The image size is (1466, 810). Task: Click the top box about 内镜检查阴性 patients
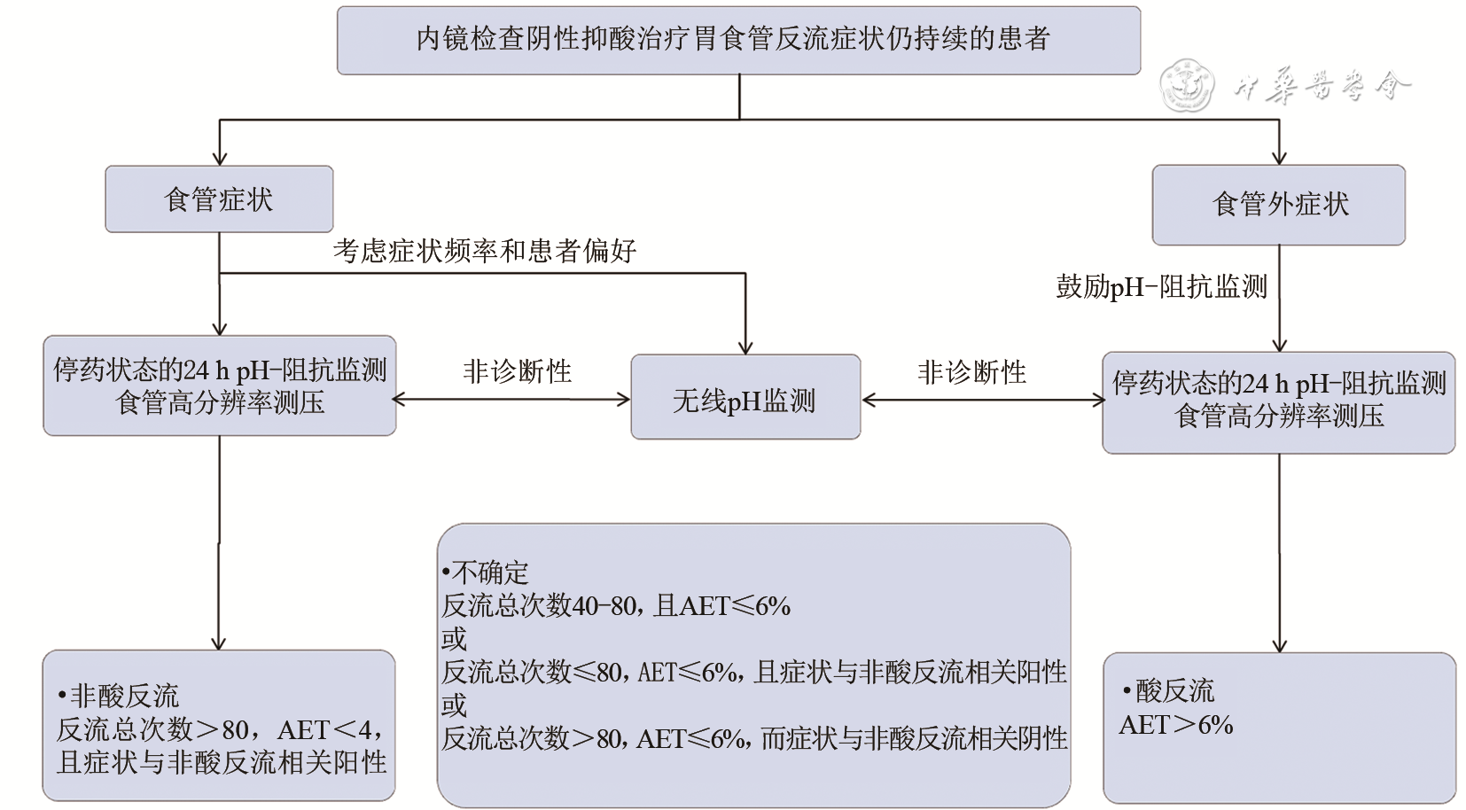click(737, 40)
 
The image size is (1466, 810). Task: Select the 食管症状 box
click(219, 199)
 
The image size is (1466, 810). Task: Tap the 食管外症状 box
click(1278, 205)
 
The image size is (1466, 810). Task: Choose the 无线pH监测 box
click(745, 399)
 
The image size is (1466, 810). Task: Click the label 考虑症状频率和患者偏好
click(485, 251)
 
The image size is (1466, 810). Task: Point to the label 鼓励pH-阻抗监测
click(1161, 286)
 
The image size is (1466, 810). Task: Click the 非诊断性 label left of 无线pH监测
click(517, 370)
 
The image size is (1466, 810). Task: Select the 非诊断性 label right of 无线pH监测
click(971, 371)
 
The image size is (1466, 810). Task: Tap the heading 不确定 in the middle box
click(489, 572)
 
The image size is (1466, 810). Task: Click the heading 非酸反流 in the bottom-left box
click(124, 696)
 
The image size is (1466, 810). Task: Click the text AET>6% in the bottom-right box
click(1176, 725)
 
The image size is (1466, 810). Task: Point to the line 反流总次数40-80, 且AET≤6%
click(616, 606)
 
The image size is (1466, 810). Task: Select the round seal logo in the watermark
click(1186, 86)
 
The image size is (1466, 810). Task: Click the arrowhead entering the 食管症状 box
click(220, 158)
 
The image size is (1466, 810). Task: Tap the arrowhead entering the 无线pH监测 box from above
click(745, 347)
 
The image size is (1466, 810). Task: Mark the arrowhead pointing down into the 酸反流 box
click(1279, 645)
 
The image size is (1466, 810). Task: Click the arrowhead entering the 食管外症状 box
click(1279, 157)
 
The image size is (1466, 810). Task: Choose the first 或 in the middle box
click(454, 639)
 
